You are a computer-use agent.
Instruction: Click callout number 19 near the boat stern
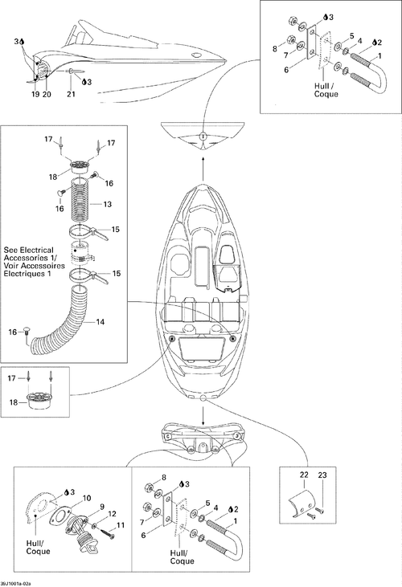tap(35, 94)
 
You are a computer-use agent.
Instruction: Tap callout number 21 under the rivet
tap(72, 94)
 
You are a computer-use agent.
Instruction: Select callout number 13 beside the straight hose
tap(108, 205)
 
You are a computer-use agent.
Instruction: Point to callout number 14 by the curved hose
tap(100, 321)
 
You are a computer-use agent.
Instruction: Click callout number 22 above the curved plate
tap(304, 475)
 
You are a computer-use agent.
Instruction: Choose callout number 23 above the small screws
tap(322, 475)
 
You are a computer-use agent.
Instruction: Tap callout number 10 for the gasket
tap(87, 499)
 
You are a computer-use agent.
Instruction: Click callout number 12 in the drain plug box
tap(112, 514)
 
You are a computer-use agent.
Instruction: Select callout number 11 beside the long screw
tap(121, 525)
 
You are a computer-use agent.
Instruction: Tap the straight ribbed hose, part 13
tap(82, 198)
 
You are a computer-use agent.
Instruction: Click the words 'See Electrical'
tap(28, 250)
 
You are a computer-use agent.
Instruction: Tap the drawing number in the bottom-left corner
tap(16, 584)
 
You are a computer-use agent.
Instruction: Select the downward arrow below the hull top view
tap(203, 414)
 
